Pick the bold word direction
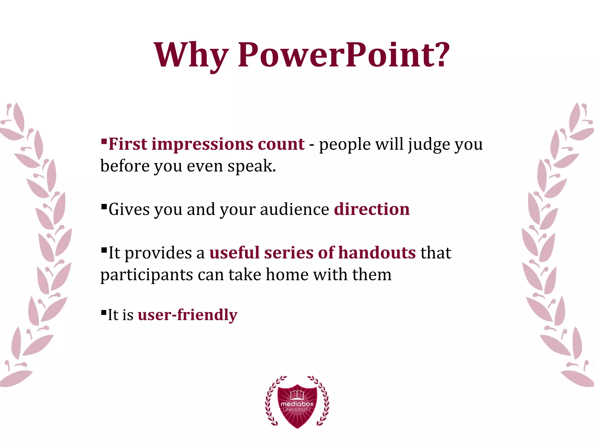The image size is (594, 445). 372,209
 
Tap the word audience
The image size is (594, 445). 294,209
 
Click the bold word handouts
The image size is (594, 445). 377,253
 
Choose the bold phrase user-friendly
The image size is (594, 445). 188,315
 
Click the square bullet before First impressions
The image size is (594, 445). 104,141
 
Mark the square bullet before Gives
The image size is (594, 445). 104,206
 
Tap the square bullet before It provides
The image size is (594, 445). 104,250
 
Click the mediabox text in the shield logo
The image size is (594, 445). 297,404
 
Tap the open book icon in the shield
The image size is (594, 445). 297,394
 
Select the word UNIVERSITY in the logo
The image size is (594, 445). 297,410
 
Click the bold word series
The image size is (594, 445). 289,253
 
